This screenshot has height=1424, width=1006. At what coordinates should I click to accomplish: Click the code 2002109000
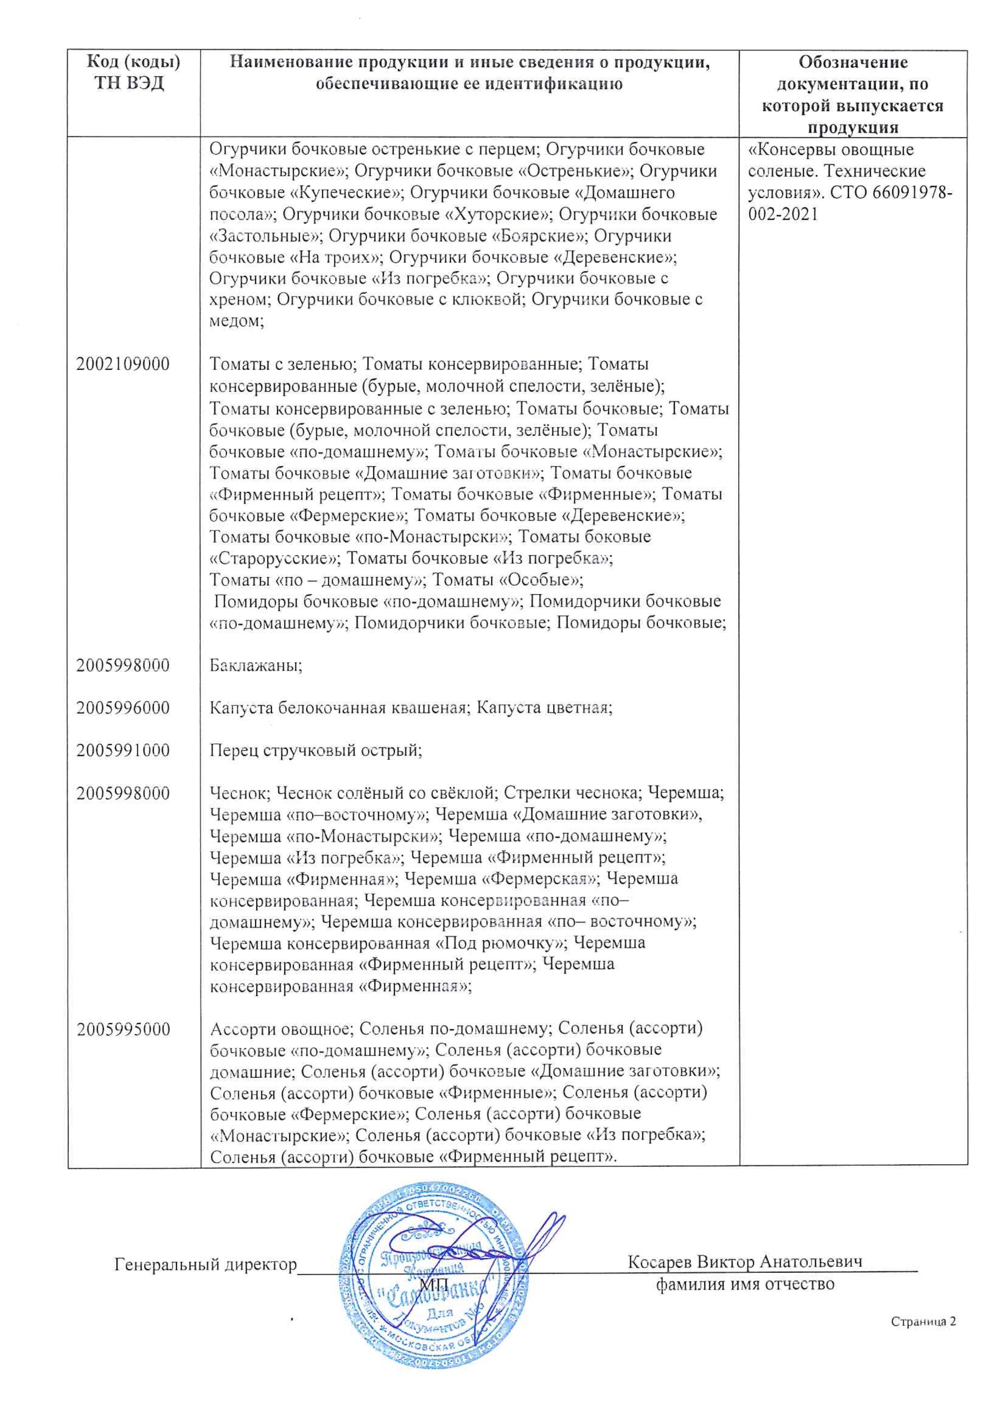(123, 364)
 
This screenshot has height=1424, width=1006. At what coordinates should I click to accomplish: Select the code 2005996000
(123, 708)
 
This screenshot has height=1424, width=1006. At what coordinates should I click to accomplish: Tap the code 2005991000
(123, 751)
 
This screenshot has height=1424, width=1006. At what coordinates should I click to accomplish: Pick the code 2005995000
(123, 1030)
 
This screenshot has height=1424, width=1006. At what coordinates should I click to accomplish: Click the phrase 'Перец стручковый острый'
(315, 751)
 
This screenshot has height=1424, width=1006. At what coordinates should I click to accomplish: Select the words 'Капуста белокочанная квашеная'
(338, 708)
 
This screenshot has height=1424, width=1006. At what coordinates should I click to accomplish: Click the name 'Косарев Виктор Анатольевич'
(745, 1262)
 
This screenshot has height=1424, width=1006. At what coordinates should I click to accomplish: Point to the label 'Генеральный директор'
(206, 1264)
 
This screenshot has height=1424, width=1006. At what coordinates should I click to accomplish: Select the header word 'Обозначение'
(853, 62)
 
